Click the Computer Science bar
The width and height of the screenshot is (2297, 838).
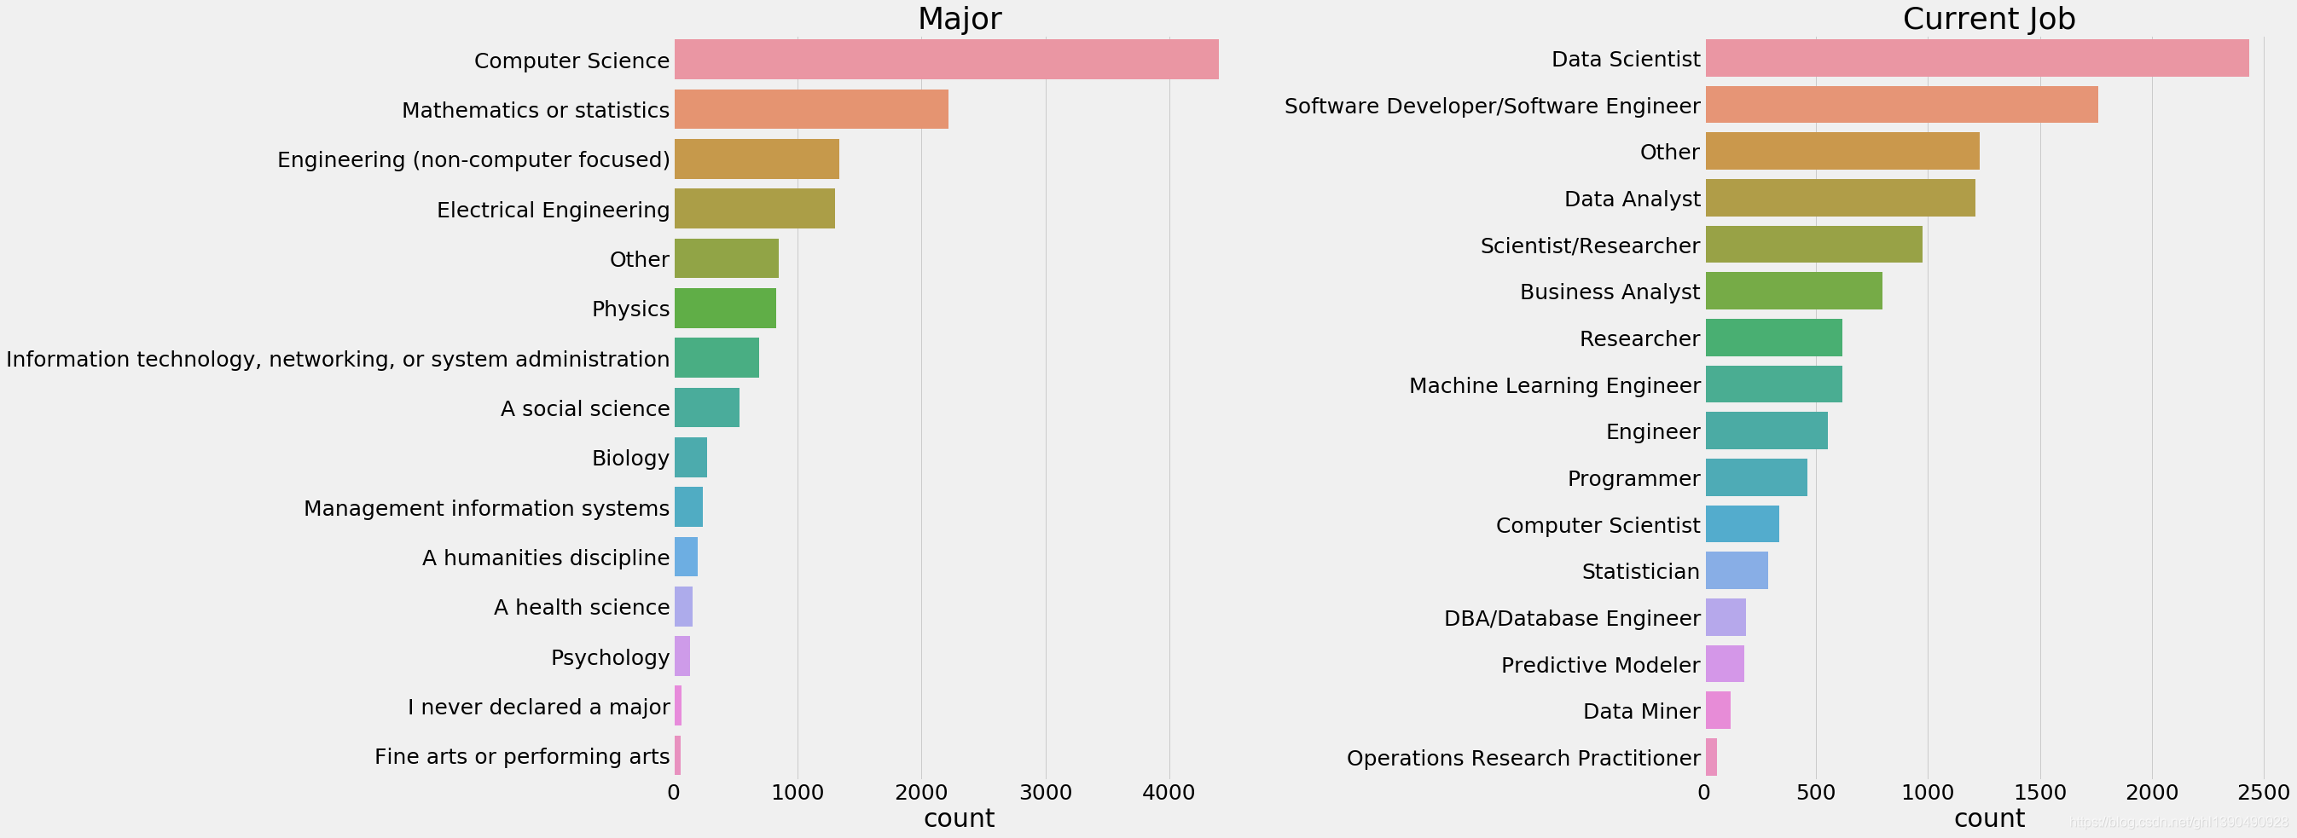946,60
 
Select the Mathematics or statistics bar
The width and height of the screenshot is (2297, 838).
811,109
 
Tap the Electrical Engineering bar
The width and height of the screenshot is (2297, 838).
754,209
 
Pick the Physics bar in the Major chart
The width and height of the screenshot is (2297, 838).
725,309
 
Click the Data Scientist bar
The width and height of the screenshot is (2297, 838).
1977,58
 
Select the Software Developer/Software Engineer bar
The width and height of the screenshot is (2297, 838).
1902,105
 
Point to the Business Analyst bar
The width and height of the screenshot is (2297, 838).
1794,291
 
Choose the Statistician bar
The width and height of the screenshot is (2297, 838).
1737,570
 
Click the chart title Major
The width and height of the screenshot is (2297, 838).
960,18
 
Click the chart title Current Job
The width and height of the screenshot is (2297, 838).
1989,18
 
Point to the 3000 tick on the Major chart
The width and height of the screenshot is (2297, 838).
1046,792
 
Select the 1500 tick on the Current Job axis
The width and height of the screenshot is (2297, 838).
2040,792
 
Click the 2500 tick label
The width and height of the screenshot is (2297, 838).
2264,792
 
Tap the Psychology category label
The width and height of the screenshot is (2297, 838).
610,658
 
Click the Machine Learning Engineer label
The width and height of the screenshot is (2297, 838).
1555,385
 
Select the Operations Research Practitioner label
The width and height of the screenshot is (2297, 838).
1524,758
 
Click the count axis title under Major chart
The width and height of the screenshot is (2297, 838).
960,818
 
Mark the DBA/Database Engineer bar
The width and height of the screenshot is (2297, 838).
1726,617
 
